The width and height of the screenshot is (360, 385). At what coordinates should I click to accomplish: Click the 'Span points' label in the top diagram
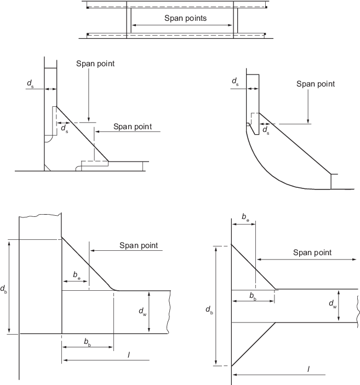[x=185, y=18]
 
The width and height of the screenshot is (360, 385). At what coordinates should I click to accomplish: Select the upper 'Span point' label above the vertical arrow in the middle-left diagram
[x=95, y=64]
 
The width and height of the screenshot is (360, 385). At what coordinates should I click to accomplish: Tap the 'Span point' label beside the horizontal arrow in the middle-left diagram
[x=132, y=127]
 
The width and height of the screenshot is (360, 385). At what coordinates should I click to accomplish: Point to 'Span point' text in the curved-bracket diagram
[x=315, y=84]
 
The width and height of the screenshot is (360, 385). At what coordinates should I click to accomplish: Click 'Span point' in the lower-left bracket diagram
[x=139, y=245]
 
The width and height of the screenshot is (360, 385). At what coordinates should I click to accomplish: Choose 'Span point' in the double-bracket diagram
[x=312, y=252]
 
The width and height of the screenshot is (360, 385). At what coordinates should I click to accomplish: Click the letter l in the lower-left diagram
[x=128, y=355]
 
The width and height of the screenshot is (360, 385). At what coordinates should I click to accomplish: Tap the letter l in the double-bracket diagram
[x=308, y=370]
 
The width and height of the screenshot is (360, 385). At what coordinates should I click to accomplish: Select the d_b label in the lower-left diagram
[x=4, y=289]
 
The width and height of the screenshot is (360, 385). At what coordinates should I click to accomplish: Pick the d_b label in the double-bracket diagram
[x=210, y=311]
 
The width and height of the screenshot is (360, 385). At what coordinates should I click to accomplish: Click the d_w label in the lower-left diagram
[x=142, y=312]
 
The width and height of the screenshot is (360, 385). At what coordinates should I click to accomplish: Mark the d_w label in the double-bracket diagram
[x=333, y=303]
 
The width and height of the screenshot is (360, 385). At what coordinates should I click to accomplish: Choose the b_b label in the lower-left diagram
[x=88, y=342]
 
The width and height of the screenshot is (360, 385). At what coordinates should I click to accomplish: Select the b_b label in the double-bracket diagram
[x=253, y=296]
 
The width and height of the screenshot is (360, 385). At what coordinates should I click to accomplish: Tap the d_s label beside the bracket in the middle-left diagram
[x=65, y=129]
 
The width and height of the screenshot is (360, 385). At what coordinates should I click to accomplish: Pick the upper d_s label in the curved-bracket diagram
[x=235, y=82]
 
